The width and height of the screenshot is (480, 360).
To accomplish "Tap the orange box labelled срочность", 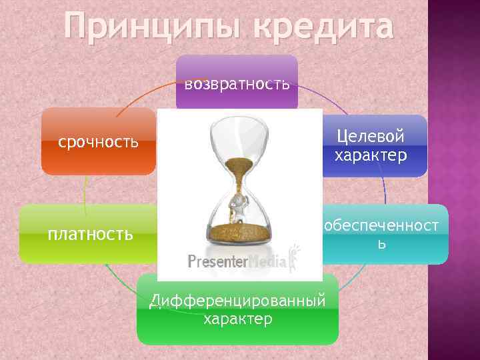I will click(98, 141).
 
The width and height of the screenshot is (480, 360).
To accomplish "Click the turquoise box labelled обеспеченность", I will click(383, 234).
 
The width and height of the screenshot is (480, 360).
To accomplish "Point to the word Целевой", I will click(370, 137).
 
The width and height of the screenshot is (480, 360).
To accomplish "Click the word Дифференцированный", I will click(237, 301).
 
